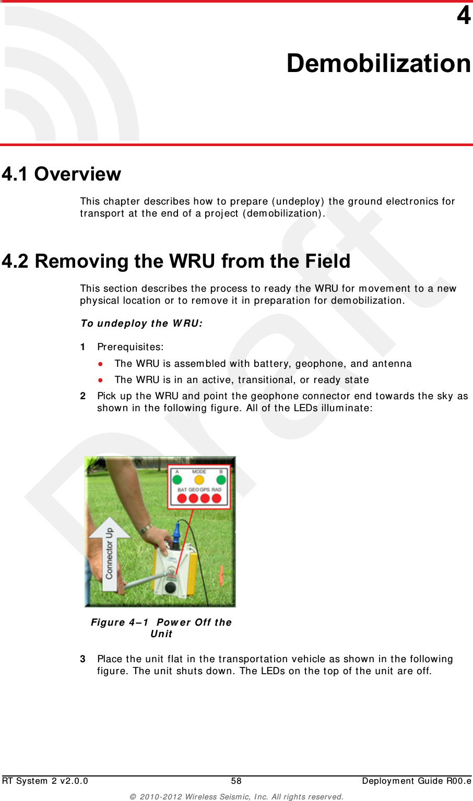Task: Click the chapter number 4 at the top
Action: (x=464, y=16)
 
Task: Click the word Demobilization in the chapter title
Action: (x=379, y=63)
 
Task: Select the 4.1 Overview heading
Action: (x=62, y=174)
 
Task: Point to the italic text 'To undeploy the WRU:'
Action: (x=141, y=324)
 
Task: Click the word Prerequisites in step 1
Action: (x=130, y=347)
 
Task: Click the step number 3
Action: (x=83, y=659)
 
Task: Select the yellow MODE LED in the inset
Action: (x=199, y=480)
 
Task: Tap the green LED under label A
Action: (x=178, y=480)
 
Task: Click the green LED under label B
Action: (x=221, y=480)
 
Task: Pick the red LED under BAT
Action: (x=182, y=498)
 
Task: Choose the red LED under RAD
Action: (x=216, y=498)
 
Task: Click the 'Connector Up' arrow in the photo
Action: (x=109, y=553)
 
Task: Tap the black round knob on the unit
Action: (x=170, y=589)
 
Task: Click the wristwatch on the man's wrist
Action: (x=145, y=529)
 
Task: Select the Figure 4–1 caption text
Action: (x=161, y=628)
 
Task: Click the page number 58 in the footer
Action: (x=236, y=781)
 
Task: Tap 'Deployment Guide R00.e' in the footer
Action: (x=416, y=781)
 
